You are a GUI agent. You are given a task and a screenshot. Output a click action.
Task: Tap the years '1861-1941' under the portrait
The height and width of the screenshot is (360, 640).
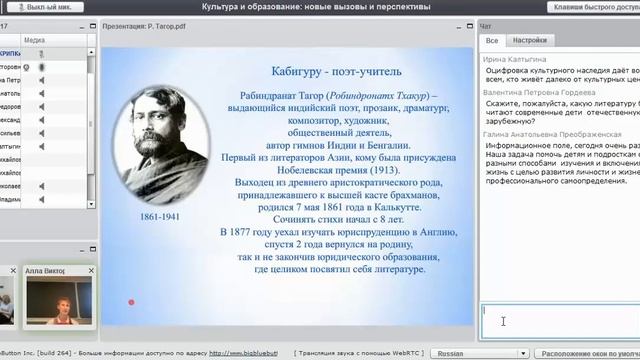(159, 215)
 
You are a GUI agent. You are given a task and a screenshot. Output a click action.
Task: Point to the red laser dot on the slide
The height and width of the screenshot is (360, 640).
(131, 302)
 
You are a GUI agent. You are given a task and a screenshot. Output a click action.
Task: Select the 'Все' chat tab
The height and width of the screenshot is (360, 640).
(492, 42)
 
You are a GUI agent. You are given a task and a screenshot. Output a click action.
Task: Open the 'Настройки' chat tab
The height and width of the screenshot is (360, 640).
(529, 42)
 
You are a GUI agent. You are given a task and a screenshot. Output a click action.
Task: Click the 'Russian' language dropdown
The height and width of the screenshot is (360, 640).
(464, 353)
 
